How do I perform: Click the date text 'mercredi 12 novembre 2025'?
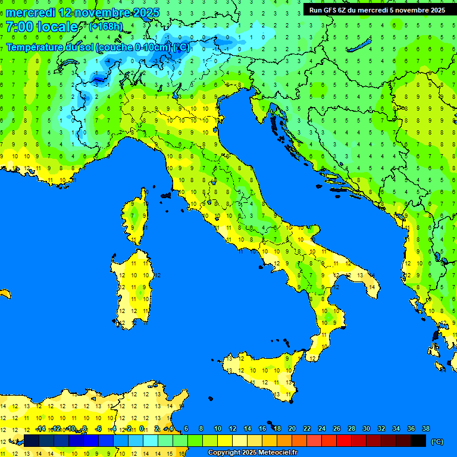click(x=83, y=12)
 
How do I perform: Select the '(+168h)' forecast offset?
click(x=105, y=27)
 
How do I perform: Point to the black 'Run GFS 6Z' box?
click(x=377, y=10)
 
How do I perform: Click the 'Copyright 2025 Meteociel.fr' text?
click(x=252, y=452)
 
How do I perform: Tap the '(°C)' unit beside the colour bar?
click(x=437, y=441)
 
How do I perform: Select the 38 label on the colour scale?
click(x=425, y=428)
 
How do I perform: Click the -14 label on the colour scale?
click(x=40, y=428)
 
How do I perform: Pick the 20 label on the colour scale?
click(x=292, y=428)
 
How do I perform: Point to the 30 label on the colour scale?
click(x=366, y=428)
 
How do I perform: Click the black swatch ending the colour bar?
click(x=418, y=440)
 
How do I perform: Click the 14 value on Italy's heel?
click(x=372, y=287)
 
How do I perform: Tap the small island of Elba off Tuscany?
click(x=166, y=195)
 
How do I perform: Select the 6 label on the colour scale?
click(x=186, y=428)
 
